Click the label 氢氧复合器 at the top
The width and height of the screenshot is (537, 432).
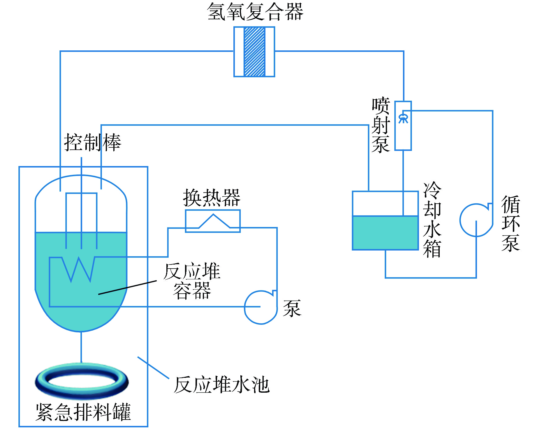click(255, 12)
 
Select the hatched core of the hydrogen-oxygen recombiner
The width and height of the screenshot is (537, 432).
click(254, 52)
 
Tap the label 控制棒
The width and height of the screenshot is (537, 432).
click(93, 142)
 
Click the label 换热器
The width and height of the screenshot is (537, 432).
click(212, 198)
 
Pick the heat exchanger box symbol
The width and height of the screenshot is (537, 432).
click(213, 221)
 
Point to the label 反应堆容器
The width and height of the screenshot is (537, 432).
click(192, 281)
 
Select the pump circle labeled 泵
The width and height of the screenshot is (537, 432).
click(260, 307)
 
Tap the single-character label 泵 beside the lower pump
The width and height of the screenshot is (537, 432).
click(292, 308)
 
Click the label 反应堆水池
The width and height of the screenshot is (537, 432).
click(222, 385)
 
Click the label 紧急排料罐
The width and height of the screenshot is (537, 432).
click(83, 412)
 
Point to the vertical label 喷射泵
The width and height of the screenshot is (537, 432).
click(381, 125)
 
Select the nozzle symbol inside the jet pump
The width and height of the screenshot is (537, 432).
click(403, 118)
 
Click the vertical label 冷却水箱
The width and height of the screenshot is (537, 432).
click(432, 220)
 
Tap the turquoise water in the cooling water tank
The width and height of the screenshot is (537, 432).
click(385, 233)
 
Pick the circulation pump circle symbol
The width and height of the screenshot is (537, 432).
click(476, 220)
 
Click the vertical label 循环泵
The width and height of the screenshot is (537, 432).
click(510, 223)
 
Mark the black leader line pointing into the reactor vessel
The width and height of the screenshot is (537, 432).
click(127, 288)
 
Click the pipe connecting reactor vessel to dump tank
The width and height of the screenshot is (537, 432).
click(81, 347)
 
